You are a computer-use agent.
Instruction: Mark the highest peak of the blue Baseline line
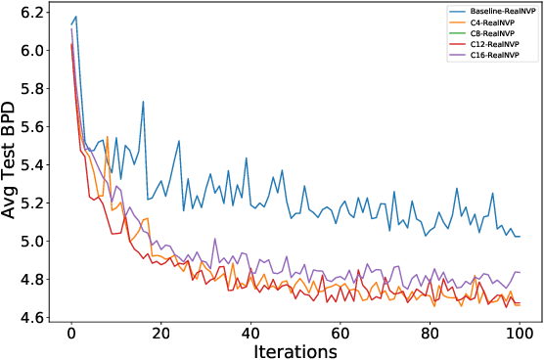[x=76, y=17]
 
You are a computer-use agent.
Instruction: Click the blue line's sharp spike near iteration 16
[x=143, y=102]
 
